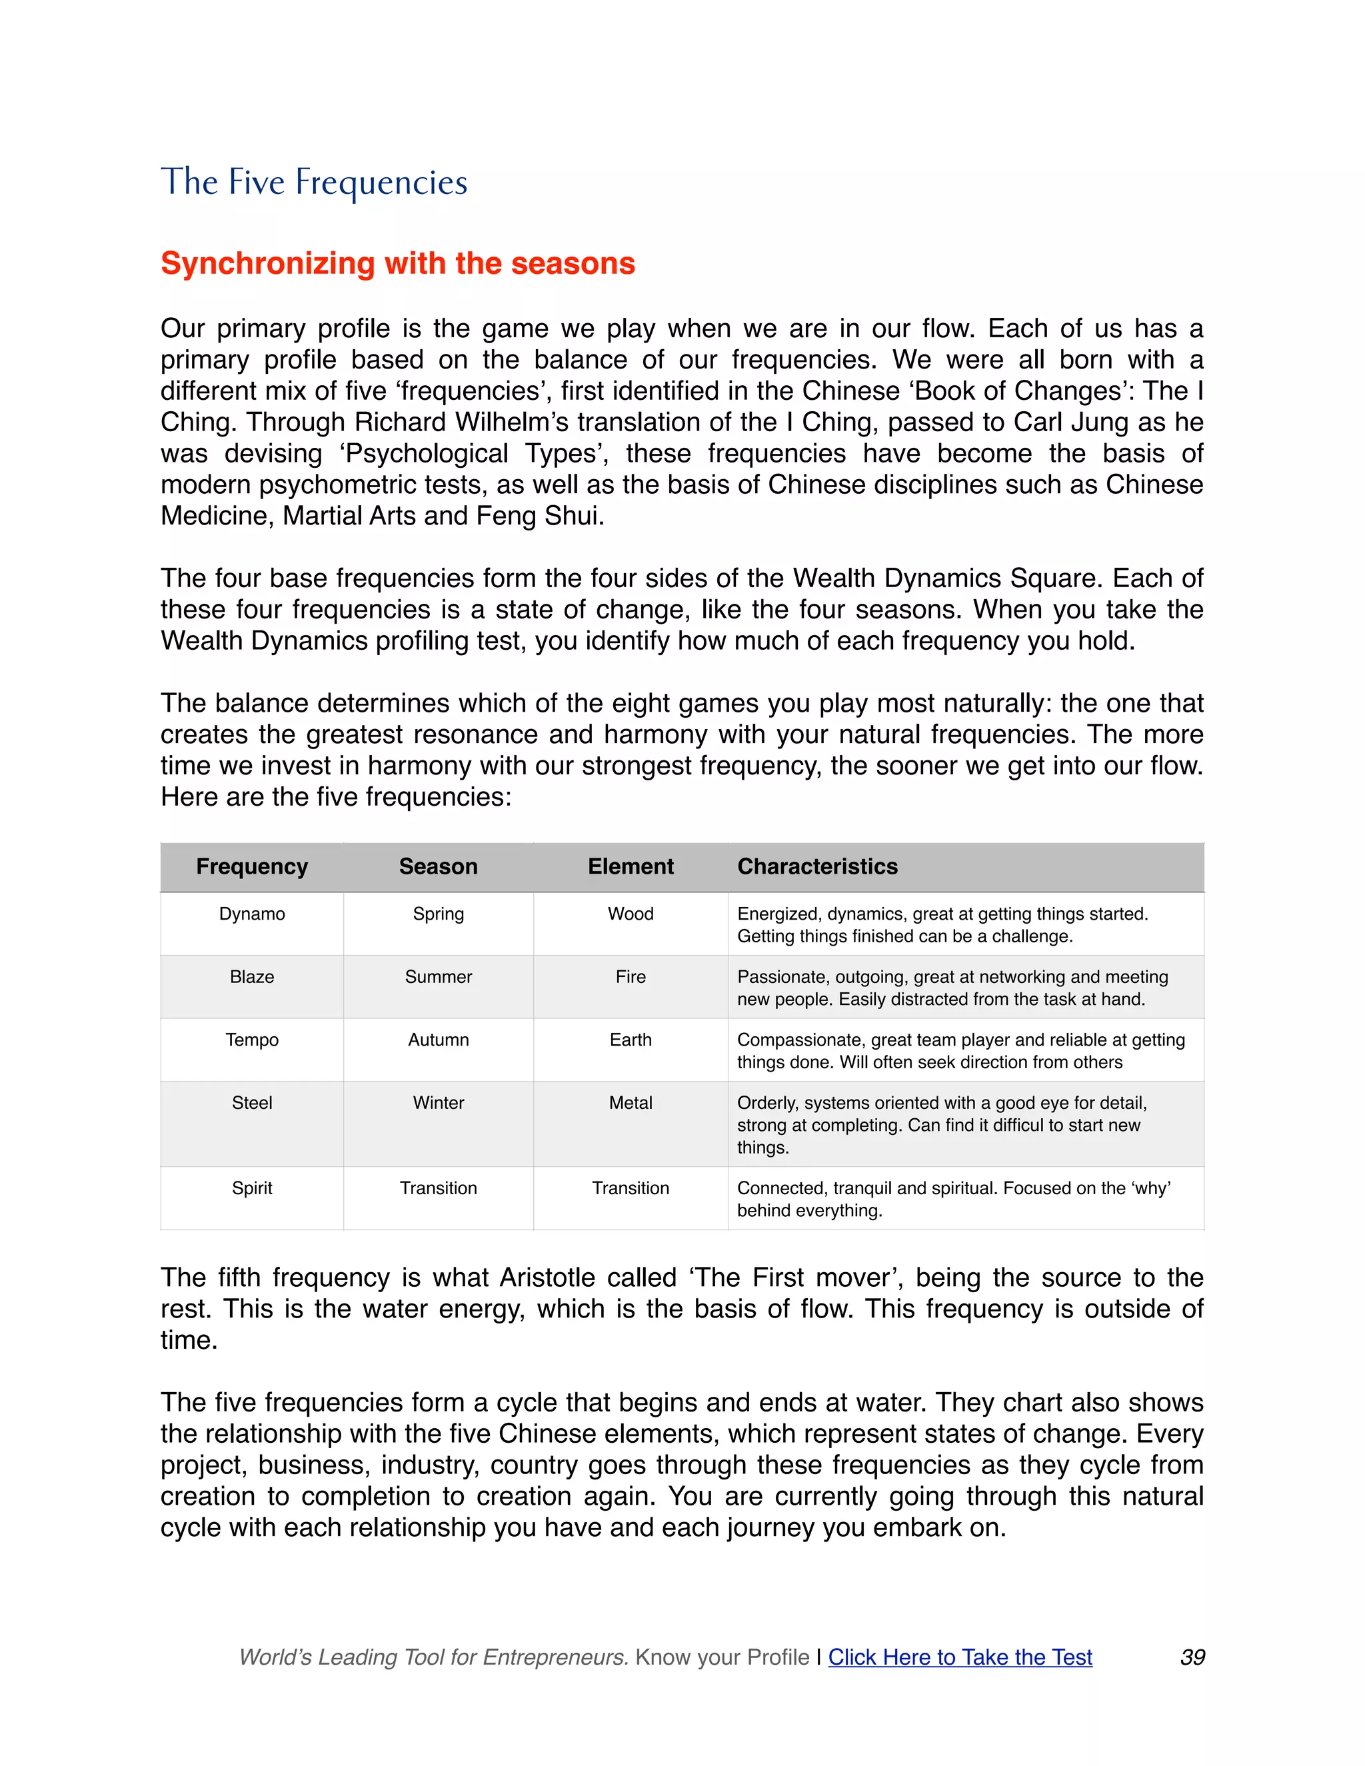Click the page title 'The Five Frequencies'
(314, 182)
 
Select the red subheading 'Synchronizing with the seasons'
(397, 264)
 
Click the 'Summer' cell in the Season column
(439, 977)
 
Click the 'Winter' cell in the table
(439, 1103)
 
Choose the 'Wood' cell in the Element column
(630, 914)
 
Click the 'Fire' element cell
(630, 977)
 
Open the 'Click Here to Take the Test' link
(960, 1657)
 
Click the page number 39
(1192, 1657)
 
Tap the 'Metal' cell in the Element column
(630, 1103)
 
